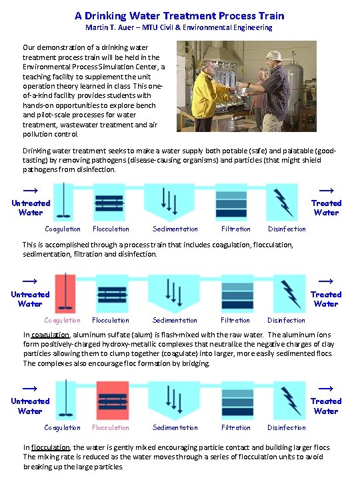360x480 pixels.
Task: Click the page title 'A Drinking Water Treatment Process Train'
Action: tap(179, 15)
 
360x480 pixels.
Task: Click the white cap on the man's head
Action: tap(273, 55)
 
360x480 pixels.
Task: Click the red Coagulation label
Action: tap(62, 320)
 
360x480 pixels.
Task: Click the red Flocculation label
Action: tap(111, 427)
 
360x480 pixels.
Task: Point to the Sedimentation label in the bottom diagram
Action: tap(175, 427)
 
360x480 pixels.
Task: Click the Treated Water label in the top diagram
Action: tap(326, 207)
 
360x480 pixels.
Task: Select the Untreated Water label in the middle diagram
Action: tap(30, 299)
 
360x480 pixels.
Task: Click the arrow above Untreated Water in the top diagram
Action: tap(30, 190)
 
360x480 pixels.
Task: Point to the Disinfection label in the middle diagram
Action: tap(287, 320)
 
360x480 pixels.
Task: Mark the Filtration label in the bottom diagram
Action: tap(236, 427)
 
